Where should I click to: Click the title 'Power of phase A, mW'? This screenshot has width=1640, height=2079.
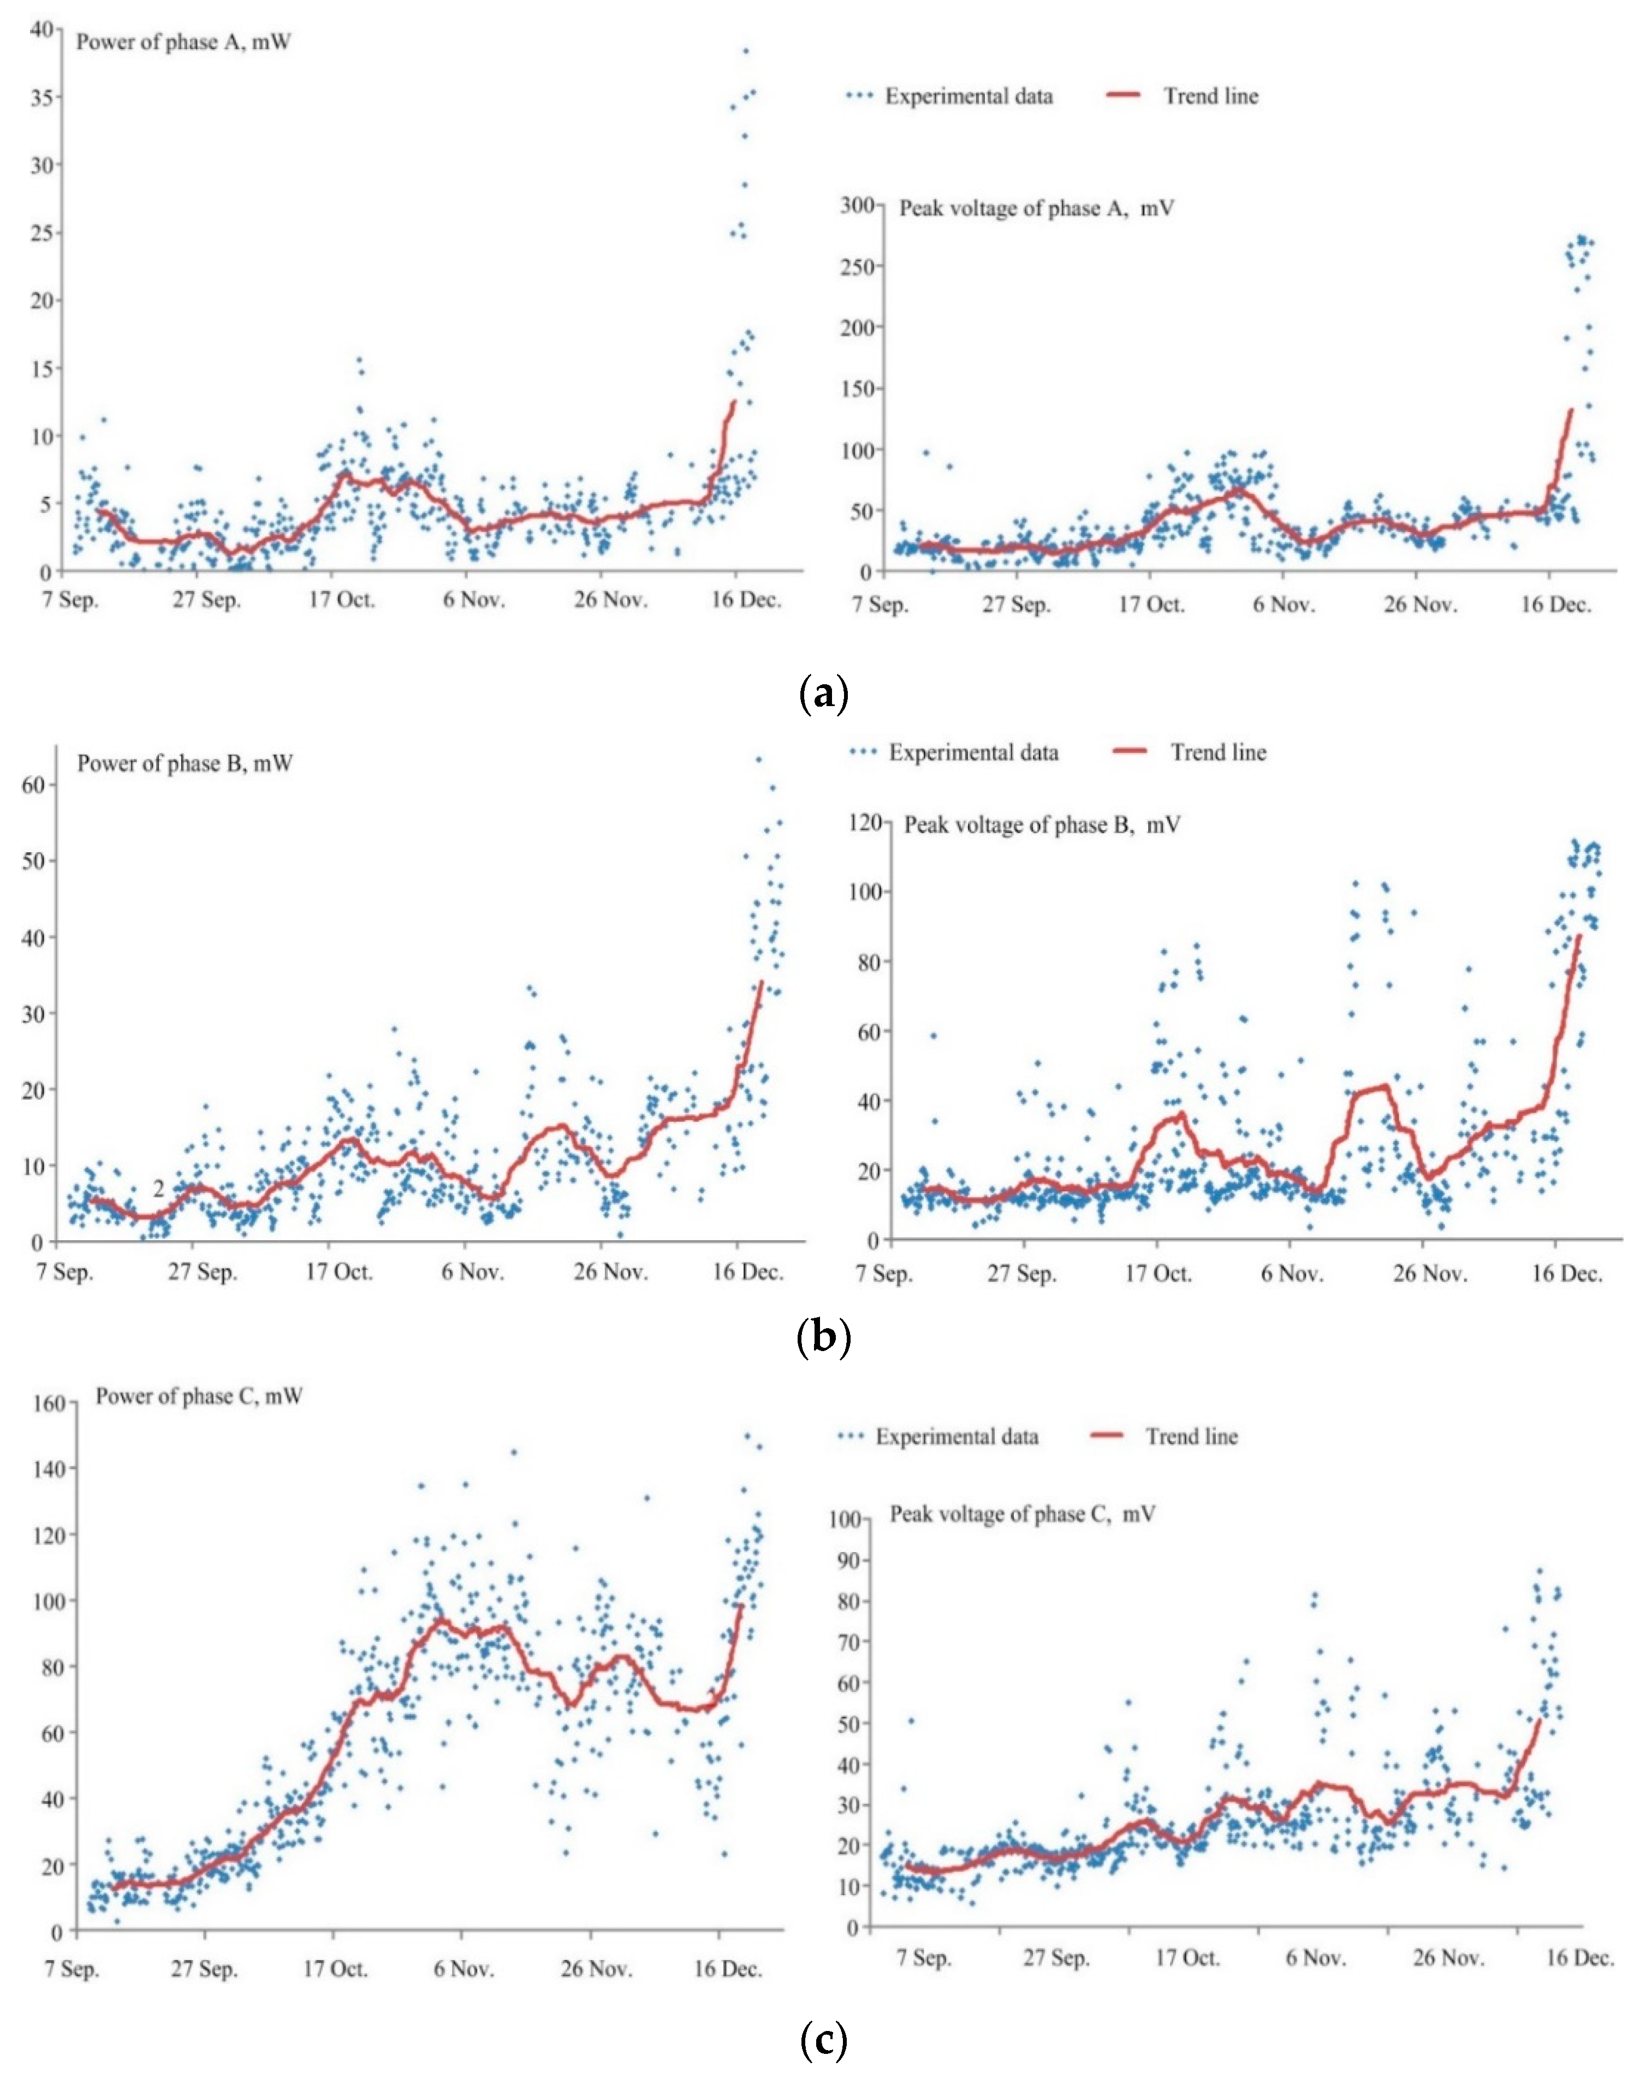click(183, 42)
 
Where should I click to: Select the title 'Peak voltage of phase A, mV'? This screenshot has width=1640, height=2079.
click(1036, 208)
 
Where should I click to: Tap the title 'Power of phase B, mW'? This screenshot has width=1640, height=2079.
click(185, 764)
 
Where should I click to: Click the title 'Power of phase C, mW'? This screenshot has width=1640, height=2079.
click(199, 1396)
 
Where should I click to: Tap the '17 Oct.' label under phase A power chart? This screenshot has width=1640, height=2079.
click(342, 600)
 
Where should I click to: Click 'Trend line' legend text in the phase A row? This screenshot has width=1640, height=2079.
click(1211, 96)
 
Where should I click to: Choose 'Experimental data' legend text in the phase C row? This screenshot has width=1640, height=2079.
click(956, 1437)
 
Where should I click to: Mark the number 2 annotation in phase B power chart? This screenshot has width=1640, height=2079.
click(158, 1189)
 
